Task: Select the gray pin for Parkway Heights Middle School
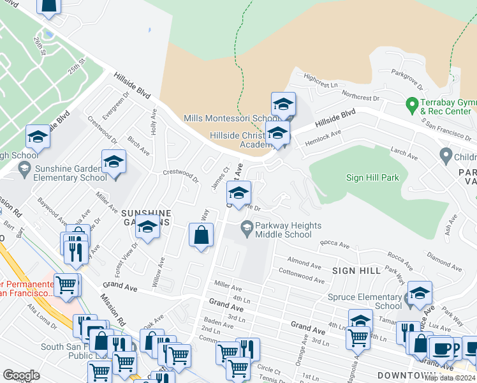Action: click(x=246, y=227)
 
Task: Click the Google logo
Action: click(x=21, y=375)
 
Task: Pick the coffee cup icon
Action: click(x=441, y=350)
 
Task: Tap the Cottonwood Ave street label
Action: click(x=302, y=278)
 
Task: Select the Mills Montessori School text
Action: click(x=229, y=119)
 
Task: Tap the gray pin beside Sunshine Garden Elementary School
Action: click(x=24, y=169)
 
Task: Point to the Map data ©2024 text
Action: click(x=450, y=378)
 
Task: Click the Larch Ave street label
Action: click(x=403, y=153)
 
